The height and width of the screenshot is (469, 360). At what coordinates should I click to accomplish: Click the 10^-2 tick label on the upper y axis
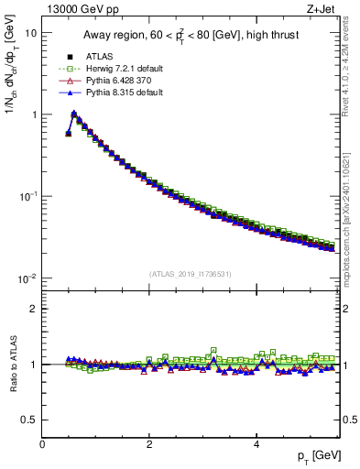click(x=27, y=278)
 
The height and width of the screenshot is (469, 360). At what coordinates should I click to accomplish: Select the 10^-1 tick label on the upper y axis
click(x=27, y=196)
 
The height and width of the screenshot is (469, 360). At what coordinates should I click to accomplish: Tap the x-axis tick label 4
click(x=256, y=445)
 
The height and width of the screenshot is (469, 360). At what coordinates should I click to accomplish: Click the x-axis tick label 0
click(x=42, y=445)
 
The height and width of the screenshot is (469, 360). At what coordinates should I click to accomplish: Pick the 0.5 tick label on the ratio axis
click(x=29, y=420)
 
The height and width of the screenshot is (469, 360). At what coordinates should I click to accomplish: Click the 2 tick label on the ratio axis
click(x=34, y=309)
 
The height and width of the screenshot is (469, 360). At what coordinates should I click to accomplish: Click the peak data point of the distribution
click(x=74, y=115)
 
